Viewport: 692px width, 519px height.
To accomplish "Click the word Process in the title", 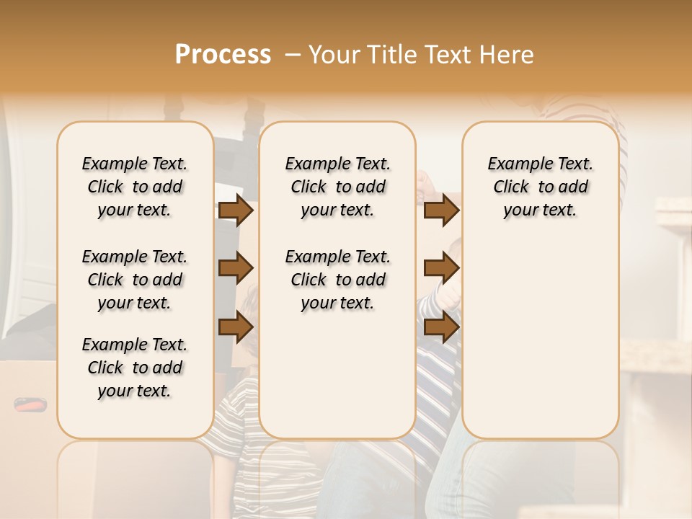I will click(x=223, y=55).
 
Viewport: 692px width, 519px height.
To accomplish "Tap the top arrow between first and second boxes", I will click(x=236, y=210).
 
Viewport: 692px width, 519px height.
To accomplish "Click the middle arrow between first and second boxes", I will click(x=236, y=269).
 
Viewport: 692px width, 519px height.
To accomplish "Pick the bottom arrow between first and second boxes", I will click(x=236, y=328).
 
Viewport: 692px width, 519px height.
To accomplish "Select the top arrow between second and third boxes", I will click(x=441, y=210).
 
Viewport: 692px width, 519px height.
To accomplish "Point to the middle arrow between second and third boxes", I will click(x=441, y=269).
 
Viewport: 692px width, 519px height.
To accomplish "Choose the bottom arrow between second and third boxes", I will click(x=441, y=328).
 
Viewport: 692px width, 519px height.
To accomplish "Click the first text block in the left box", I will click(x=135, y=187).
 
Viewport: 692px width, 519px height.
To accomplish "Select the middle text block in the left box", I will click(x=135, y=280).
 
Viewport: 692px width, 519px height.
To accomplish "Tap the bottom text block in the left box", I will click(x=135, y=368).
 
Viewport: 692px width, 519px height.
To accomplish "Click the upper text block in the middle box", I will click(x=337, y=187).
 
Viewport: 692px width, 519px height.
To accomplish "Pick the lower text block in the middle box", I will click(x=337, y=280).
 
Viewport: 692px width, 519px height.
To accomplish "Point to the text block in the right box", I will click(x=540, y=187).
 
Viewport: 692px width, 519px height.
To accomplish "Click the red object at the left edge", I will click(x=30, y=405).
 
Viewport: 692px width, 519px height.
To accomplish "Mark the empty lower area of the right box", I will click(x=540, y=339).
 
